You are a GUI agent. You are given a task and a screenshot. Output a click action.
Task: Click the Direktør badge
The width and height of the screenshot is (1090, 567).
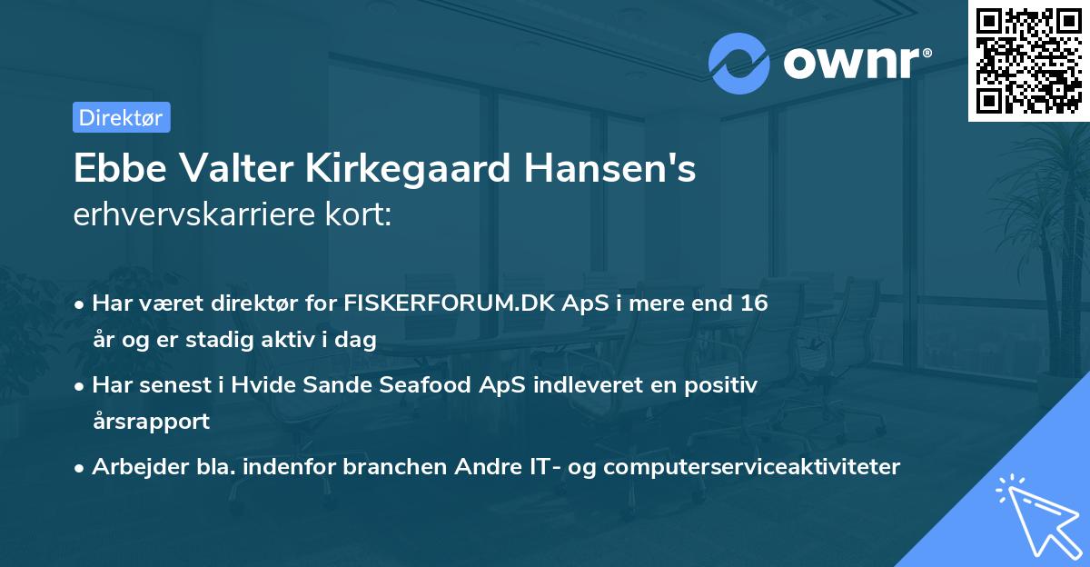pos(121,117)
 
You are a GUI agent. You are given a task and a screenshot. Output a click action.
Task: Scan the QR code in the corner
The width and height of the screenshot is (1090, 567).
pos(1028,60)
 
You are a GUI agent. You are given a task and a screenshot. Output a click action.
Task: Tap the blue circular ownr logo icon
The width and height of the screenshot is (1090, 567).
pos(738,64)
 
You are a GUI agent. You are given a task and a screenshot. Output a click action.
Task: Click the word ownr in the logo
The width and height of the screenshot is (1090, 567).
pos(852,65)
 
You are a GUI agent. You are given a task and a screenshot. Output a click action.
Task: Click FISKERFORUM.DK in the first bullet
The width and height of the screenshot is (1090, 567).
pos(439,303)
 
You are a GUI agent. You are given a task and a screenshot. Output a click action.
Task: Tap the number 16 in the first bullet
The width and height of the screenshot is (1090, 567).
pos(753,303)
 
